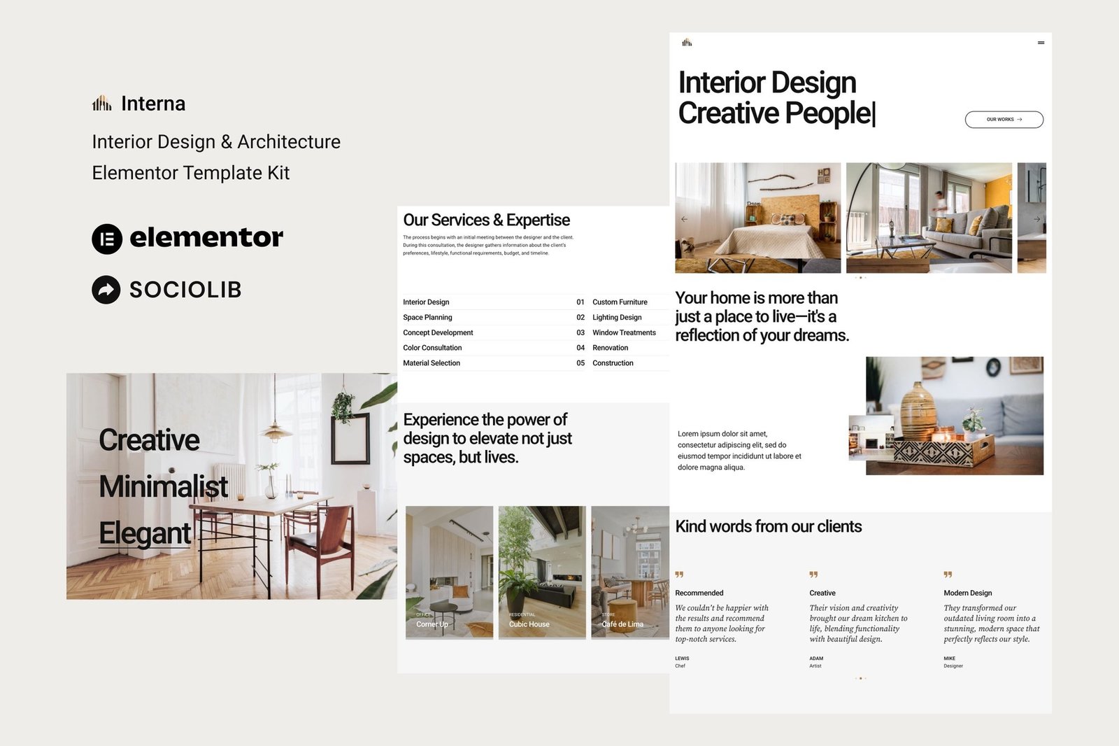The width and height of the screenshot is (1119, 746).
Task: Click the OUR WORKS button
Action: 1004,120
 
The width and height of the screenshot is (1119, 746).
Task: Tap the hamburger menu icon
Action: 1041,43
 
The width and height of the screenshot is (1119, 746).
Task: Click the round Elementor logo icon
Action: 107,239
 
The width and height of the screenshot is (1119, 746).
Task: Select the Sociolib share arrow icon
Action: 106,290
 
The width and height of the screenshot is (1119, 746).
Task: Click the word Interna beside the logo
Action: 153,104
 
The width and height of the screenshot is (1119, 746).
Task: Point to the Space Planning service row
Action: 427,318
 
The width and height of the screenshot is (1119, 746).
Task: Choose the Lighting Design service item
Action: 617,318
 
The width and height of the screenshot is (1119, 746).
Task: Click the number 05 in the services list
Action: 580,363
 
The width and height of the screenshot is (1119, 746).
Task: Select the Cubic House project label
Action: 529,624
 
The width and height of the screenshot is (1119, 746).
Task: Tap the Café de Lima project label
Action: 622,624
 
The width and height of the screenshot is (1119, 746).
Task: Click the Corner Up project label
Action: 432,624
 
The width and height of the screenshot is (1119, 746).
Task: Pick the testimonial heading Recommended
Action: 699,593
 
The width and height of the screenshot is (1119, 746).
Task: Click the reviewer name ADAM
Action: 816,659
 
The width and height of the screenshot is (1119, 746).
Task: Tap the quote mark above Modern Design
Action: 948,575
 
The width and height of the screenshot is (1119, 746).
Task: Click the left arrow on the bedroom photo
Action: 684,219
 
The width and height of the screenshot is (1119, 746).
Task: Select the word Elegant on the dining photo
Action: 145,533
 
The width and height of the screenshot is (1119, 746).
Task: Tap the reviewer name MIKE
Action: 949,659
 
